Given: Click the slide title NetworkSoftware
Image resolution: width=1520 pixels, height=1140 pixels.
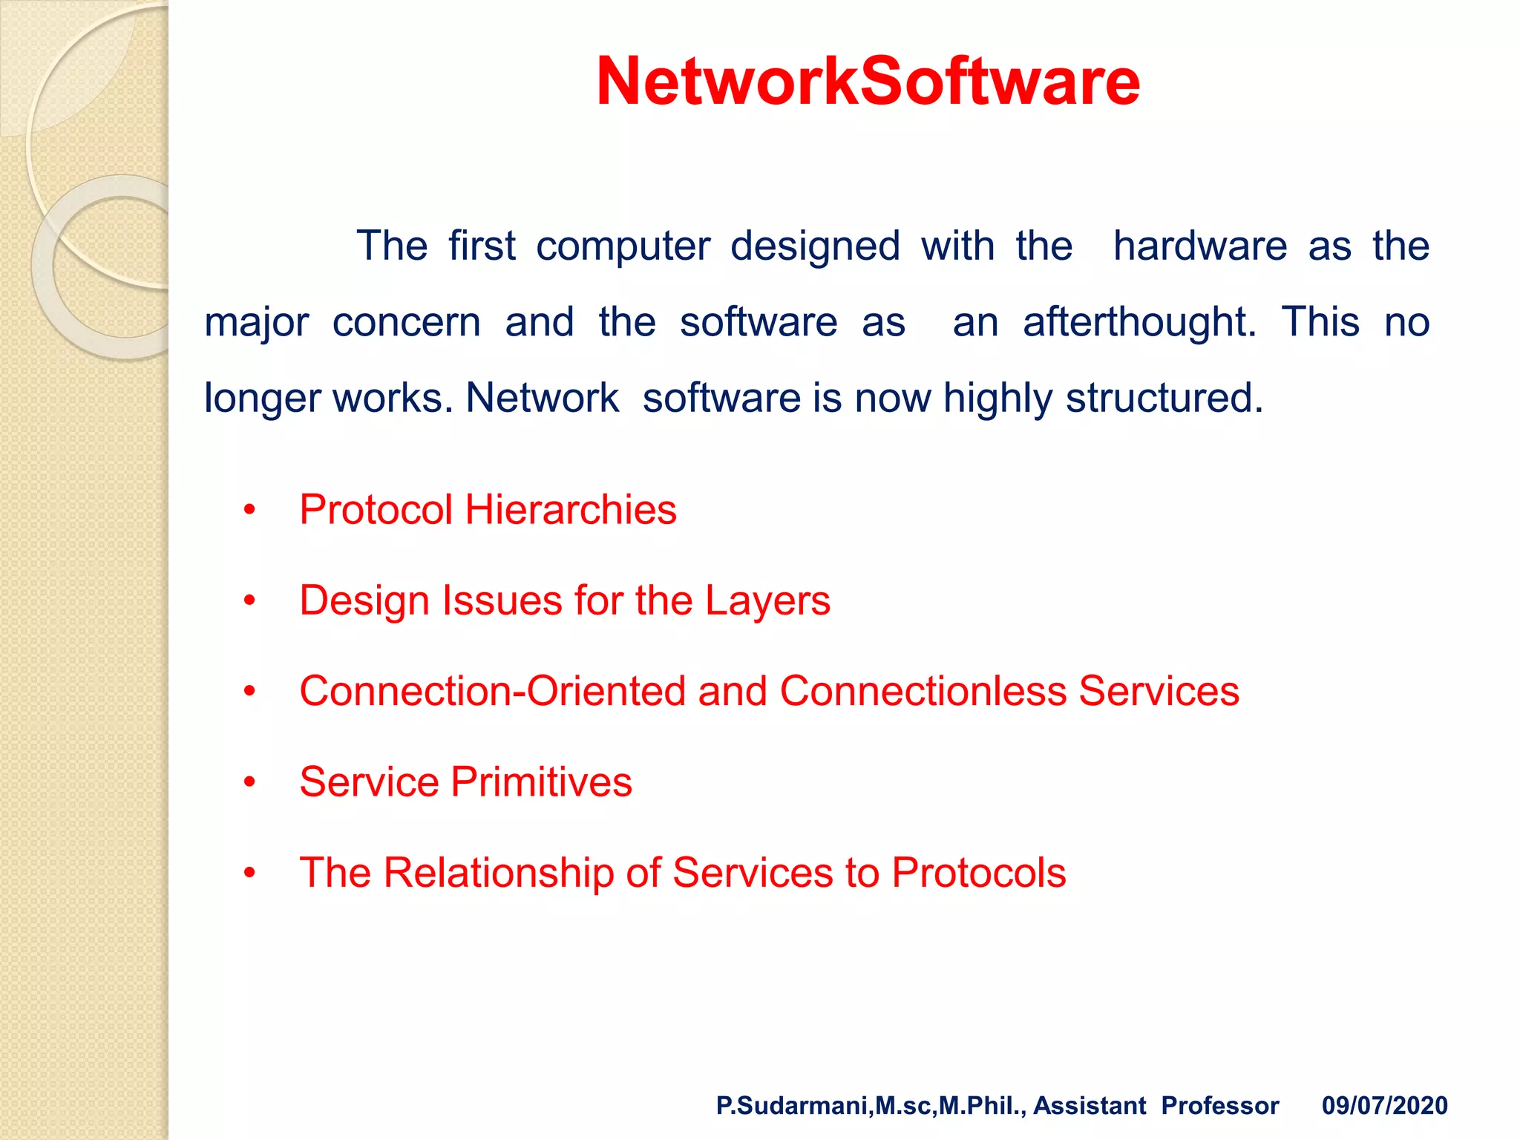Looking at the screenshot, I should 868,82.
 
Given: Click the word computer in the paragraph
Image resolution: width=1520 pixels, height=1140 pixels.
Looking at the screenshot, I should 623,246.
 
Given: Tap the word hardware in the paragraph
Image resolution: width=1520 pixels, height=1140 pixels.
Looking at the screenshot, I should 1200,246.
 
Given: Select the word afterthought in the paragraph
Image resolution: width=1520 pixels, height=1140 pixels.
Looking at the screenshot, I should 1139,322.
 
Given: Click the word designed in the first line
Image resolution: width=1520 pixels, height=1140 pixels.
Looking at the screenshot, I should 815,246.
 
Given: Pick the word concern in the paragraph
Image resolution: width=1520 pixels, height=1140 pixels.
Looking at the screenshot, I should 407,323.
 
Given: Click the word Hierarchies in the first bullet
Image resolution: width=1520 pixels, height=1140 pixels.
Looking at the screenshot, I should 571,510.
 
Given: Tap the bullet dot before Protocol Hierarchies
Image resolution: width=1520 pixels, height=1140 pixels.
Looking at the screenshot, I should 249,510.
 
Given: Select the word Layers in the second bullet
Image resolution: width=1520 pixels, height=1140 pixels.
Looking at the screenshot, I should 767,600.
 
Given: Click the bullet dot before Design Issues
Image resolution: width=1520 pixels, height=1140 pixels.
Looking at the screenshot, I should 249,600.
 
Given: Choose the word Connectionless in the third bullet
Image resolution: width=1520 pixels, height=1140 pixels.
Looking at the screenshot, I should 923,691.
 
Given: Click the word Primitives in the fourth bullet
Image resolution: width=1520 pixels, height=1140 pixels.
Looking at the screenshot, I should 541,782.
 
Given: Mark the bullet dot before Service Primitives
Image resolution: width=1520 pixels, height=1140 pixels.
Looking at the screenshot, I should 249,782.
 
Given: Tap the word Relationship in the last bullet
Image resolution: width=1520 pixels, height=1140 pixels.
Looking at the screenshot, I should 499,873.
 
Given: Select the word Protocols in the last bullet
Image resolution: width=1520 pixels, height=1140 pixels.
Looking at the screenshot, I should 978,873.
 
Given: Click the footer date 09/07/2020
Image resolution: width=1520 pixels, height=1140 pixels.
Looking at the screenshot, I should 1384,1106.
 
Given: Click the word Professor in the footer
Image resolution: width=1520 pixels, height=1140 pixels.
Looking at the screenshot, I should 1219,1106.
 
